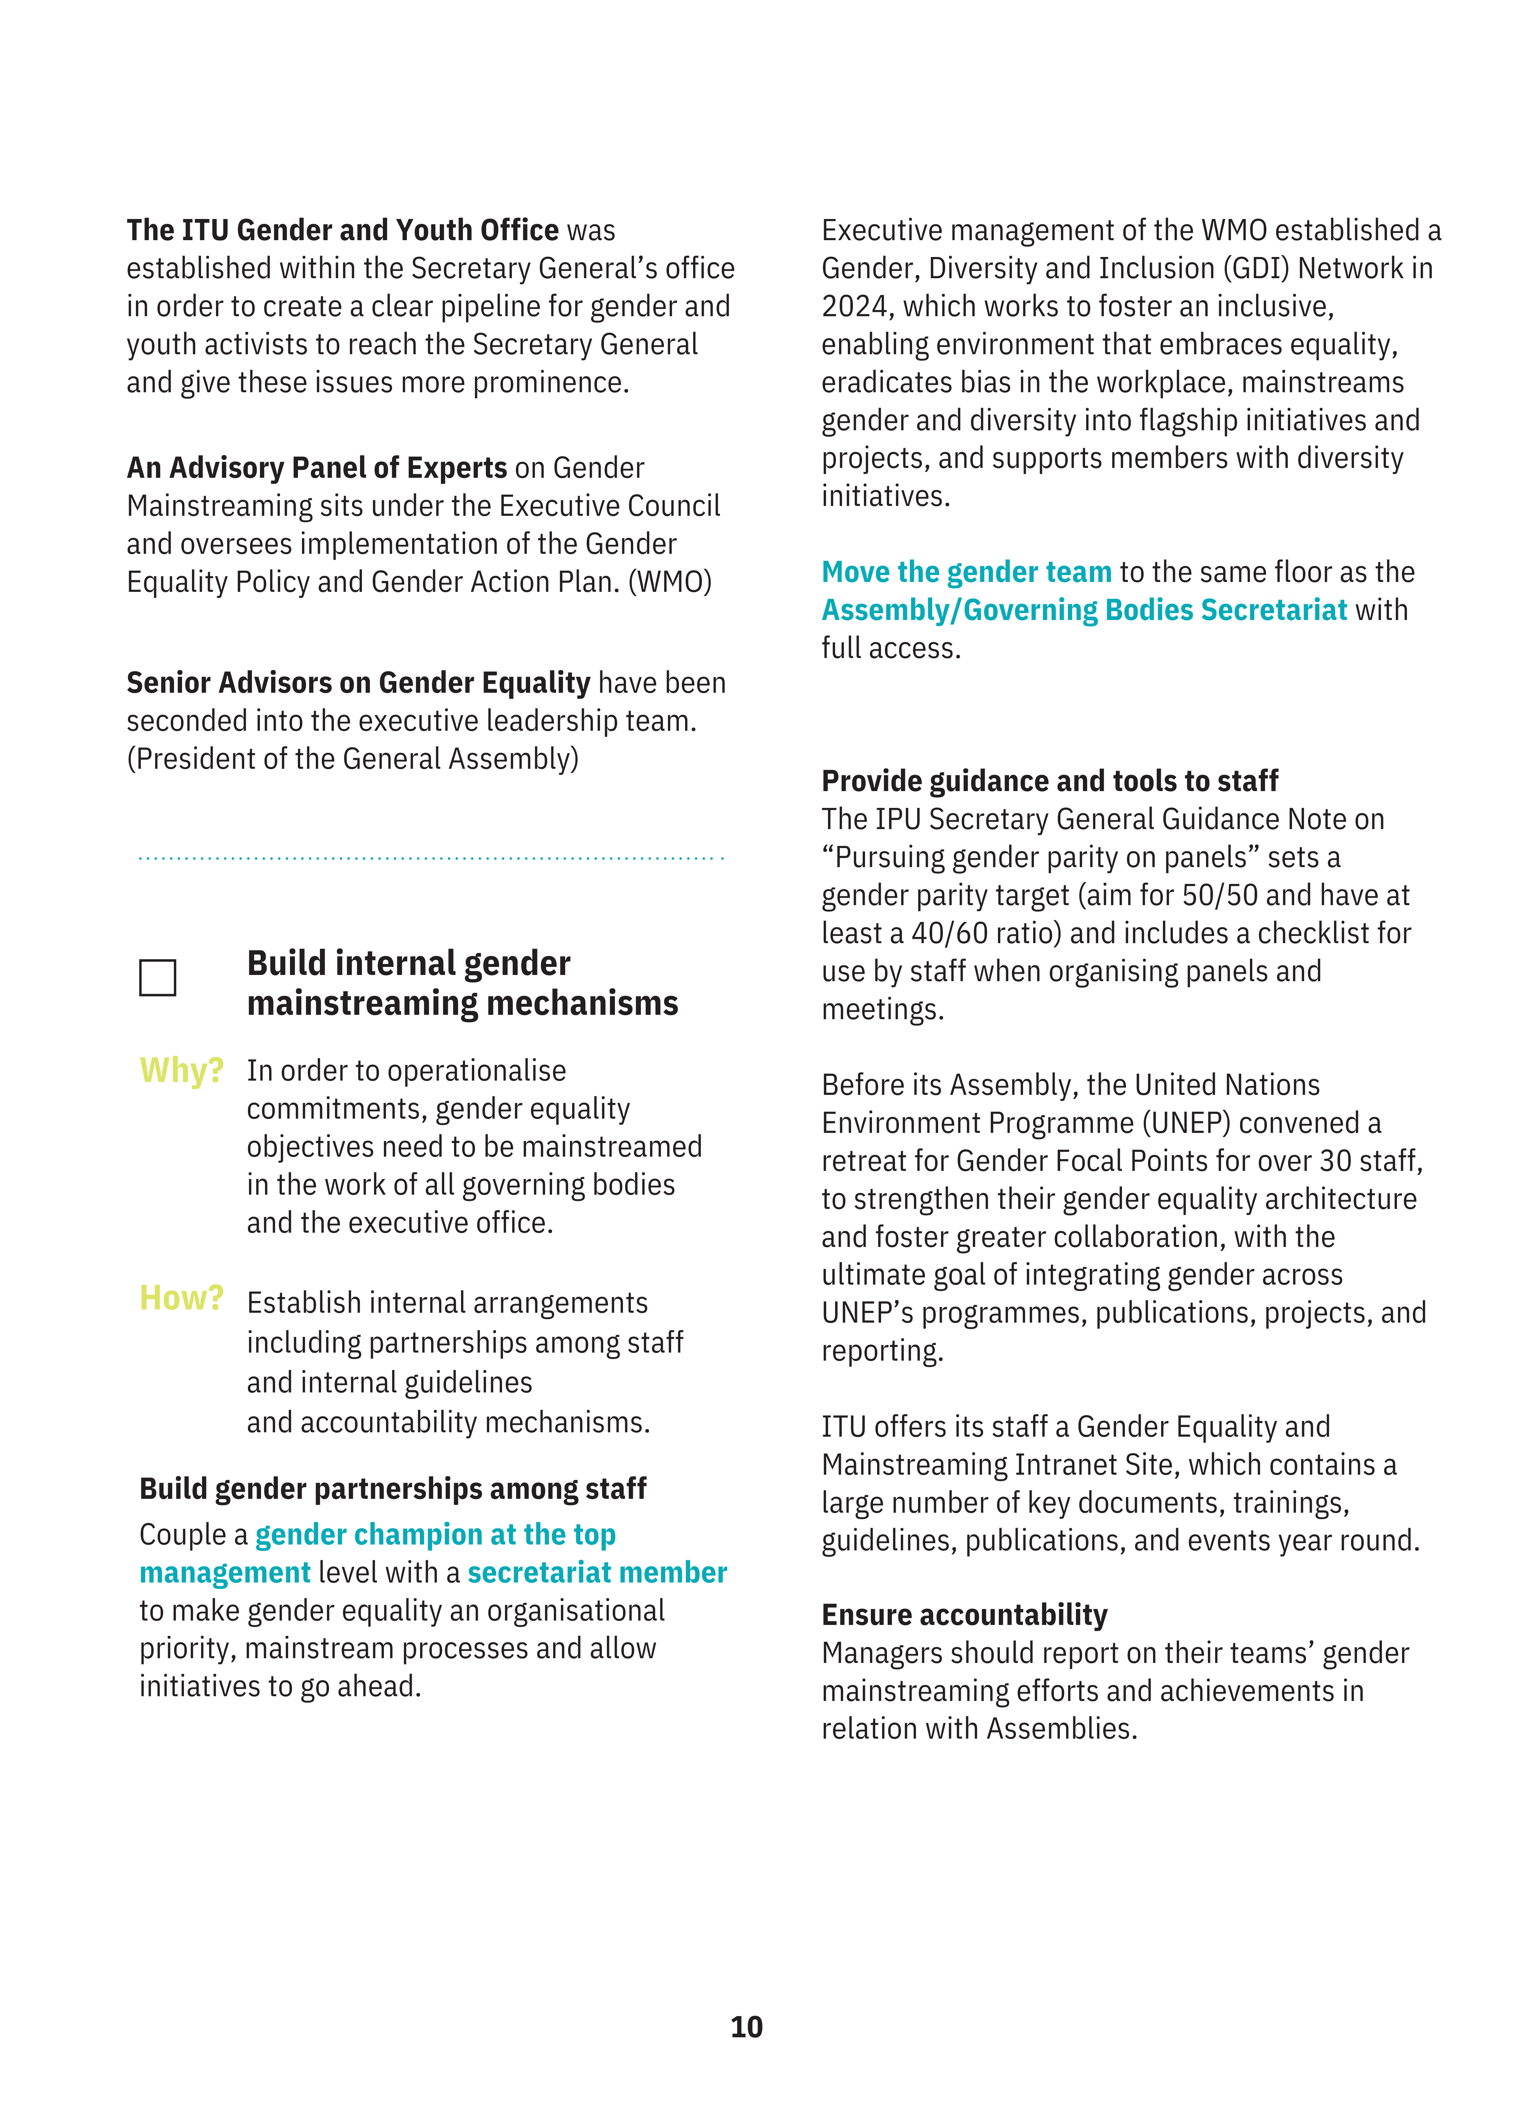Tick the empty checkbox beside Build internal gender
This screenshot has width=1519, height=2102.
[x=158, y=978]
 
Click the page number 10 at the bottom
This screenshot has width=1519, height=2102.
[x=746, y=2027]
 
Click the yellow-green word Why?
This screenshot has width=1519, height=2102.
[x=182, y=1070]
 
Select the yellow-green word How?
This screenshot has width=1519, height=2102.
[x=182, y=1298]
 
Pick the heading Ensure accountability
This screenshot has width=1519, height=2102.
[x=964, y=1615]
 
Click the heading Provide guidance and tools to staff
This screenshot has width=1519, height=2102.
[x=1049, y=781]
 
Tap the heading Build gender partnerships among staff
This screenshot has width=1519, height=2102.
[x=393, y=1489]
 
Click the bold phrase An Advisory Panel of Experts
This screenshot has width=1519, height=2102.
[x=317, y=468]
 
